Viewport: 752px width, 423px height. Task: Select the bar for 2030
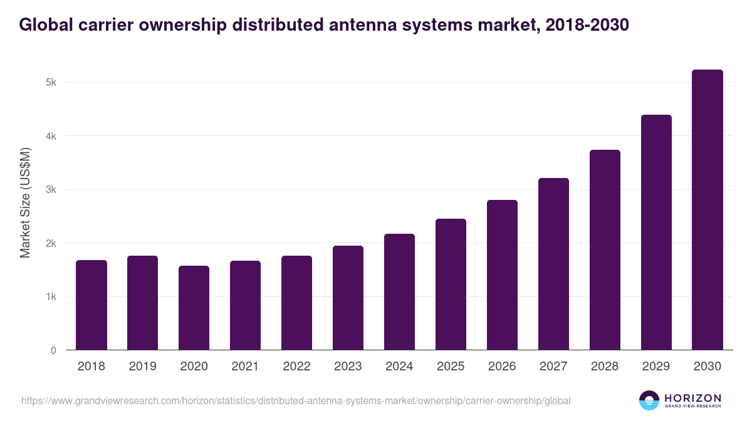[707, 210]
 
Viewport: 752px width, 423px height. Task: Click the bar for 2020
[194, 308]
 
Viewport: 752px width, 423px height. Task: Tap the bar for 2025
[451, 285]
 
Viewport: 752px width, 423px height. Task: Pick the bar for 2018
[91, 305]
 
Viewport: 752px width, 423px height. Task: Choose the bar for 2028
[605, 250]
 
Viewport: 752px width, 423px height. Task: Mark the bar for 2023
[348, 298]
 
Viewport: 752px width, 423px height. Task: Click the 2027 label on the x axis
[553, 367]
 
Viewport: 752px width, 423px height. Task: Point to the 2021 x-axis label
[245, 367]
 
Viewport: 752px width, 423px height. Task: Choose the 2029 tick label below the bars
[656, 367]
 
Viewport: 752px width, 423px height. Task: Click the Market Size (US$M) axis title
[26, 203]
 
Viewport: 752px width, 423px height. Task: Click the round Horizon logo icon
[649, 400]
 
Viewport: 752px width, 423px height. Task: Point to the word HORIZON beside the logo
[692, 398]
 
